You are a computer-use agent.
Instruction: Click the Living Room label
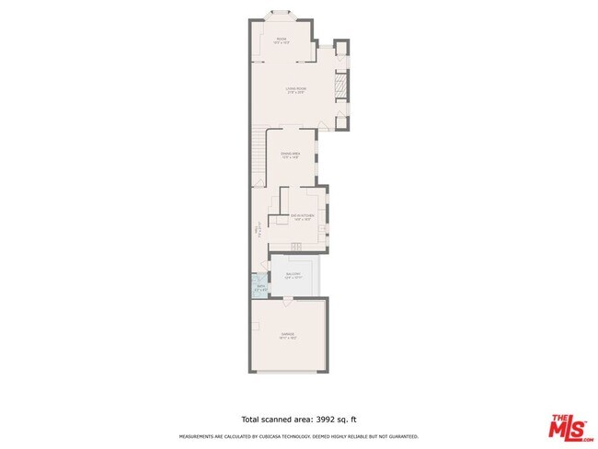[x=295, y=89]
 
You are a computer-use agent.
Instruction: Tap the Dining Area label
[x=291, y=155]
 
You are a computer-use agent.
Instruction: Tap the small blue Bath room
[x=260, y=288]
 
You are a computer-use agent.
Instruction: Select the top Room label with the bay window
[x=282, y=40]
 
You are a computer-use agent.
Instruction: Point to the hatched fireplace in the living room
[x=339, y=87]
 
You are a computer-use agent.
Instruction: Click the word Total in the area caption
[x=251, y=417]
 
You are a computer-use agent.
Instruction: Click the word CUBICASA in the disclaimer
[x=282, y=436]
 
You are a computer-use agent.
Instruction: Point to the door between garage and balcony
[x=287, y=300]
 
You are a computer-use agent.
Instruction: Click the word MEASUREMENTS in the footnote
[x=199, y=436]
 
